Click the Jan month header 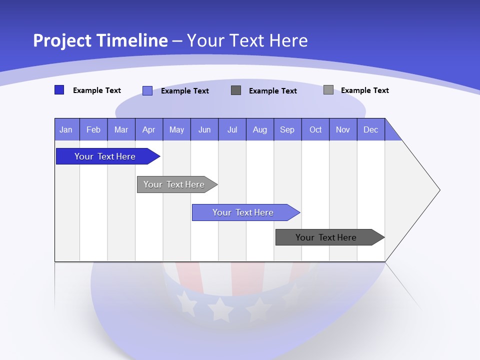66,129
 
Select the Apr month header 148,129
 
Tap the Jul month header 232,129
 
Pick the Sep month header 287,129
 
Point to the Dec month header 370,129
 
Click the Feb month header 93,129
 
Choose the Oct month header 315,129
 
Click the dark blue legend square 59,90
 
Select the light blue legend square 147,90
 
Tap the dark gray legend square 236,90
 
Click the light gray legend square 328,90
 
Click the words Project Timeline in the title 100,40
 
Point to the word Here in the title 288,40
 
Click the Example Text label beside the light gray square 364,90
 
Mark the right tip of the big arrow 439,190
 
